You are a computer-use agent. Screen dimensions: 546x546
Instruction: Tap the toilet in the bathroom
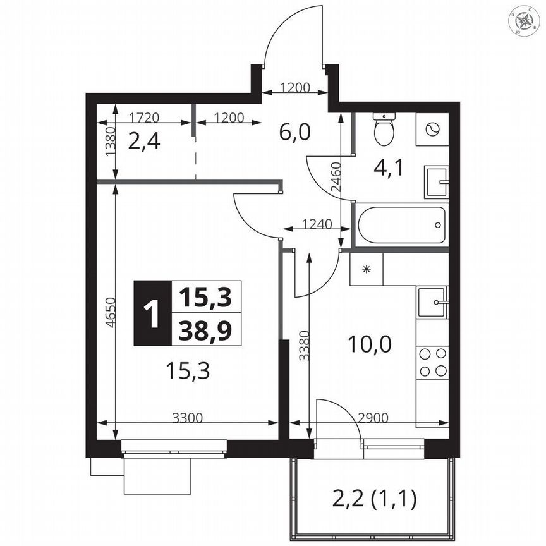[384, 130]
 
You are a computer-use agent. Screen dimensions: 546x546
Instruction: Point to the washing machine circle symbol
[432, 130]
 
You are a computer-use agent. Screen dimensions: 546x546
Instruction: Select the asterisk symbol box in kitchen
[366, 269]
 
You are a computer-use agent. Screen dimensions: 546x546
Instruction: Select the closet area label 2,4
[144, 140]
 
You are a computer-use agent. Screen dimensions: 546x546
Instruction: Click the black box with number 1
[152, 313]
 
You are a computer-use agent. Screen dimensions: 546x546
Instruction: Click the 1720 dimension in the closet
[143, 117]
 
